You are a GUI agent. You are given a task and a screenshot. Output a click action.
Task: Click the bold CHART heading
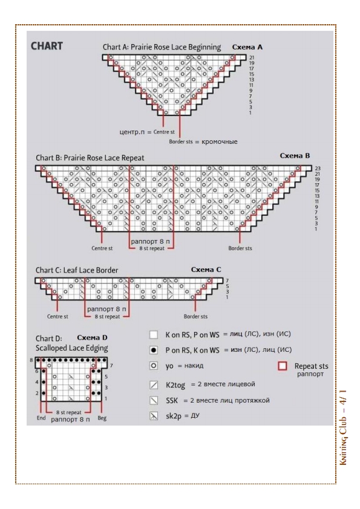[47, 46]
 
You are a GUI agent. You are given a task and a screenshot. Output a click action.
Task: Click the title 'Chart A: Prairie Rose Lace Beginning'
[162, 47]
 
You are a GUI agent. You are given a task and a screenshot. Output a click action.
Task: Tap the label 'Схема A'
[247, 47]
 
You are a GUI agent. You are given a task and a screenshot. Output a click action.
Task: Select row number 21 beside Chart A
[252, 57]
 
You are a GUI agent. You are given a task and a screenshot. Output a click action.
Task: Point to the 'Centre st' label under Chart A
[164, 132]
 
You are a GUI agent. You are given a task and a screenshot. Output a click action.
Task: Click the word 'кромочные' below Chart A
[219, 141]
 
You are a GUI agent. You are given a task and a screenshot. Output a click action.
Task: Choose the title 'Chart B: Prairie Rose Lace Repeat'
[90, 158]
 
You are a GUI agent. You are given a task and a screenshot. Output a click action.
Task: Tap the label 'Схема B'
[295, 155]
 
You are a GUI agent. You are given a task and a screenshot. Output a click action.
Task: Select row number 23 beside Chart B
[318, 169]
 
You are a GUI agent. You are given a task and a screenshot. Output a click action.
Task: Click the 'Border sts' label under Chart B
[240, 248]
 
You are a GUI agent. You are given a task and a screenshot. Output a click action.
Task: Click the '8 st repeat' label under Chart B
[152, 248]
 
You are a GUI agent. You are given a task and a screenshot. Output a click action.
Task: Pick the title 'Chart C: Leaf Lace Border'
[77, 270]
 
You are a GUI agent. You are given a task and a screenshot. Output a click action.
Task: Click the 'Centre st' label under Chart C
[57, 317]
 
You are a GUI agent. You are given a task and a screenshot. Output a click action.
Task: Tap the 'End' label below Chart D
[41, 418]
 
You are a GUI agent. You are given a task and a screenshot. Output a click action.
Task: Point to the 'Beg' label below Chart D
[102, 418]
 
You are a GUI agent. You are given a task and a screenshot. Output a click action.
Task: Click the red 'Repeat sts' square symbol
[283, 366]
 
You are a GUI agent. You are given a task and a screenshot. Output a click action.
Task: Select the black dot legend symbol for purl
[153, 350]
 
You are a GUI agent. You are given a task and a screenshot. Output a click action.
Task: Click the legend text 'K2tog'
[175, 385]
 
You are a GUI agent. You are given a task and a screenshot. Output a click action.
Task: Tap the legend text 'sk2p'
[174, 417]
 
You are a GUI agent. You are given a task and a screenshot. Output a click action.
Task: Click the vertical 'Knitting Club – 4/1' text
[344, 427]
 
